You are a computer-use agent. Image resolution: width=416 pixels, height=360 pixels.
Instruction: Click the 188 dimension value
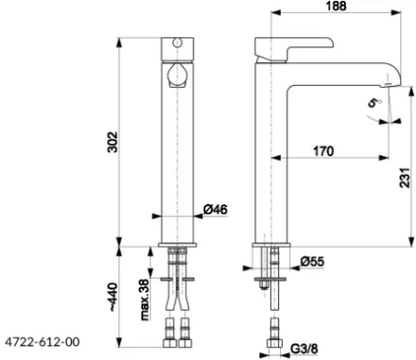(336, 6)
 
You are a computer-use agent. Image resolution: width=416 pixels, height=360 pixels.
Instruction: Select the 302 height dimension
(113, 142)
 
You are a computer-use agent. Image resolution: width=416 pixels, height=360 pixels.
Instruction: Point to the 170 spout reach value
(324, 151)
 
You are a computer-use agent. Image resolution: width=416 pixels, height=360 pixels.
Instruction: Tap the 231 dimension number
(405, 178)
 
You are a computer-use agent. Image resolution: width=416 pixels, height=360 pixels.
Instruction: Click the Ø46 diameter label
(215, 209)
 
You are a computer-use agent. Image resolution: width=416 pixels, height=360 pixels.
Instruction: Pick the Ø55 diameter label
(312, 262)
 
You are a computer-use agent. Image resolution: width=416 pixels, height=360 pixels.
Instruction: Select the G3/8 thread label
(304, 349)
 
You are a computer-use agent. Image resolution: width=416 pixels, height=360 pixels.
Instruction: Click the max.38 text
(145, 300)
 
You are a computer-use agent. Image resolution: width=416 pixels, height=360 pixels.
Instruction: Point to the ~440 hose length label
(113, 296)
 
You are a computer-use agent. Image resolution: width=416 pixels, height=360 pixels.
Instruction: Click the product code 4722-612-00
(43, 341)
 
